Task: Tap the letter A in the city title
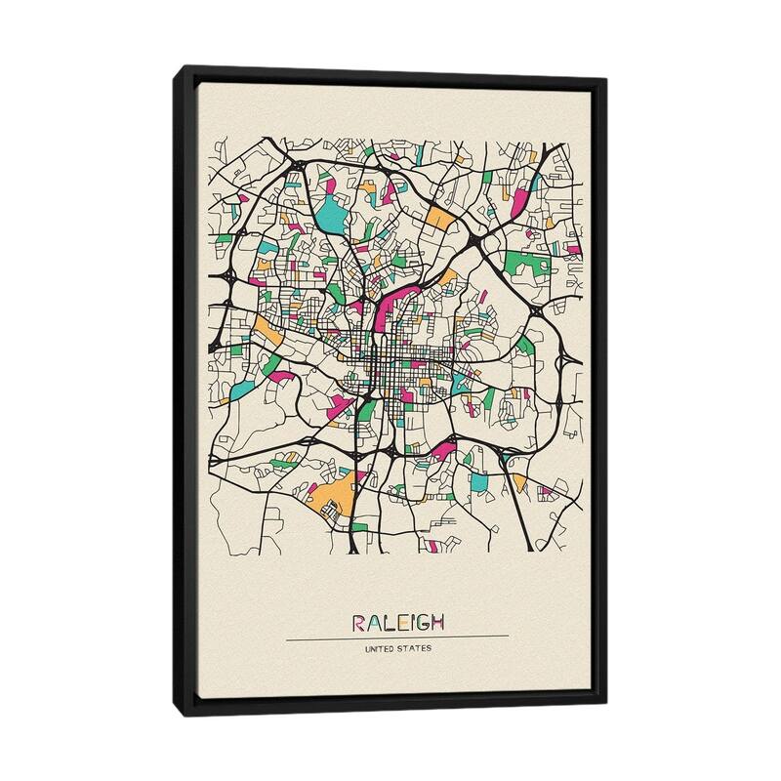click(373, 622)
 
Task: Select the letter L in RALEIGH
click(387, 622)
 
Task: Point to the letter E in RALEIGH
click(400, 622)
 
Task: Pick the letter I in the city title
click(411, 622)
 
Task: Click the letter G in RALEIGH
click(422, 622)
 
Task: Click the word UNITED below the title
click(380, 648)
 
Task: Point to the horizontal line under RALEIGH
click(397, 637)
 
